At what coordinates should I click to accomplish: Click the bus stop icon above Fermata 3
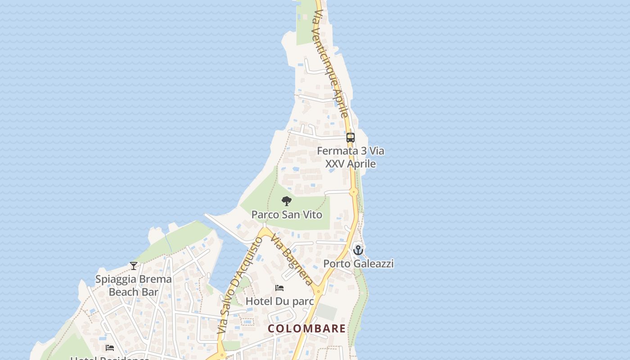click(351, 138)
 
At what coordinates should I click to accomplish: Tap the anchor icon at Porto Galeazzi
click(358, 250)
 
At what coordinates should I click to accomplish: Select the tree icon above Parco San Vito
click(286, 201)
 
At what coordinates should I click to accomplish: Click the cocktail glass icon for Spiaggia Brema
click(134, 265)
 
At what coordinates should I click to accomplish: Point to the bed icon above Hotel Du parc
click(279, 288)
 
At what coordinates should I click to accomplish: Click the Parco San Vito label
click(287, 215)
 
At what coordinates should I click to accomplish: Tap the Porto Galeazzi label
click(358, 263)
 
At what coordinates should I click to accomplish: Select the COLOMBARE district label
click(307, 328)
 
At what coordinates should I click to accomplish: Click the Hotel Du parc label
click(279, 301)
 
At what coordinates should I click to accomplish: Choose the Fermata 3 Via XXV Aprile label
click(351, 157)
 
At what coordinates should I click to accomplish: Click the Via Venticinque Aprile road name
click(331, 65)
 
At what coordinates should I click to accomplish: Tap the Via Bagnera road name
click(293, 261)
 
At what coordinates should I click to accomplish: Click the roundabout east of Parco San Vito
click(354, 192)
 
